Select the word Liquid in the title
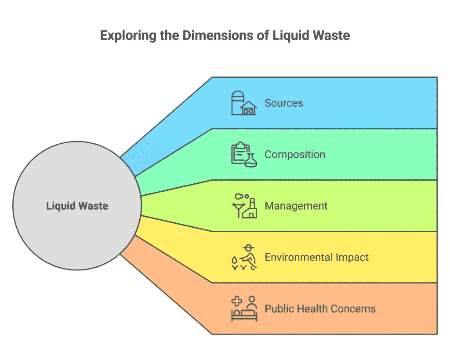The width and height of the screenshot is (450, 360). (x=291, y=36)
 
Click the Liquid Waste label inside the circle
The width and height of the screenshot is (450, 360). (x=77, y=206)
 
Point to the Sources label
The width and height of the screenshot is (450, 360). (x=283, y=103)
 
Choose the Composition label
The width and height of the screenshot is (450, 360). (x=295, y=154)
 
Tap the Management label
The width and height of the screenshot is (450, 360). (x=296, y=206)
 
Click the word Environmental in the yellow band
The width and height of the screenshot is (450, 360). (x=298, y=257)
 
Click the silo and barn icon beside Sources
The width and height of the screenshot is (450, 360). (x=244, y=103)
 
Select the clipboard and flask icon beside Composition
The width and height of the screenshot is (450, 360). (x=244, y=154)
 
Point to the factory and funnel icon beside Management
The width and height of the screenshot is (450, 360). (x=244, y=206)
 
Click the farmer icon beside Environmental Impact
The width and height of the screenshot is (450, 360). (x=244, y=257)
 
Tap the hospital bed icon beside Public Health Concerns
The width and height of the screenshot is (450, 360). (x=244, y=309)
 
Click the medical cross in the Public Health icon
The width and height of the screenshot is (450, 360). (x=237, y=301)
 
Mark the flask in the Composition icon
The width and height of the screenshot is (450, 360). (x=251, y=160)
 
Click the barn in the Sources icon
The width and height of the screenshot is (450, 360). (x=249, y=108)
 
